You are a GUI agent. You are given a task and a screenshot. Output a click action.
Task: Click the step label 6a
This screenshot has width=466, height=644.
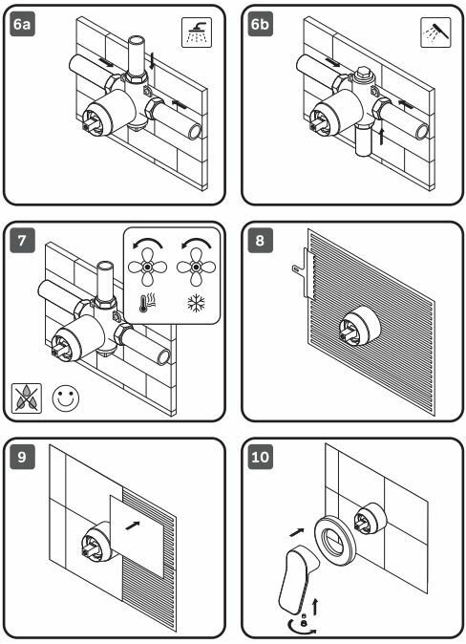click(22, 24)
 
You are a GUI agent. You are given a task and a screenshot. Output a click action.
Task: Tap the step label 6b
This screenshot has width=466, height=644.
click(261, 24)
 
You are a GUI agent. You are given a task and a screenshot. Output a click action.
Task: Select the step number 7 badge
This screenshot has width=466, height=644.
click(22, 240)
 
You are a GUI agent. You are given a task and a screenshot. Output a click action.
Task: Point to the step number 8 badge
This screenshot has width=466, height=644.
click(261, 240)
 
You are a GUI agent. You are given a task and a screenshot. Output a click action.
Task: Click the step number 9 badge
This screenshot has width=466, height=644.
click(22, 457)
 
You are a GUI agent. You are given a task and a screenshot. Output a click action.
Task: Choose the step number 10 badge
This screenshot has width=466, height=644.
click(261, 457)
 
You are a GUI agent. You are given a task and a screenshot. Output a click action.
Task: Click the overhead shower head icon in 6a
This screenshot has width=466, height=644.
click(197, 32)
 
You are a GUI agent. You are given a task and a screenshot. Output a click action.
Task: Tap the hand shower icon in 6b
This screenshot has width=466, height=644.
click(435, 32)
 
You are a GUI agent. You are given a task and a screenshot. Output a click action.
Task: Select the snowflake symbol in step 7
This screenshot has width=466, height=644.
click(197, 304)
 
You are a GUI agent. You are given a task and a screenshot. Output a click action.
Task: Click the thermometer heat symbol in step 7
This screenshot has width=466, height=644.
click(146, 303)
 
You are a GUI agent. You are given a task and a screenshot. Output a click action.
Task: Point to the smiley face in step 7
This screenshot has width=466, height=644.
click(66, 398)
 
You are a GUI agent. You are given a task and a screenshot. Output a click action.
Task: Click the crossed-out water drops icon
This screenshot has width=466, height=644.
click(27, 398)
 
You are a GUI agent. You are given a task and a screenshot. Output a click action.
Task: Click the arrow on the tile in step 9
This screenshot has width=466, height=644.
click(133, 526)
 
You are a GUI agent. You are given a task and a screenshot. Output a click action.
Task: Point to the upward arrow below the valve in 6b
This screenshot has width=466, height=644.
click(382, 137)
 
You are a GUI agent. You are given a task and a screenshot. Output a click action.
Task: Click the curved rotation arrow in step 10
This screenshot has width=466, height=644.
click(302, 627)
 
